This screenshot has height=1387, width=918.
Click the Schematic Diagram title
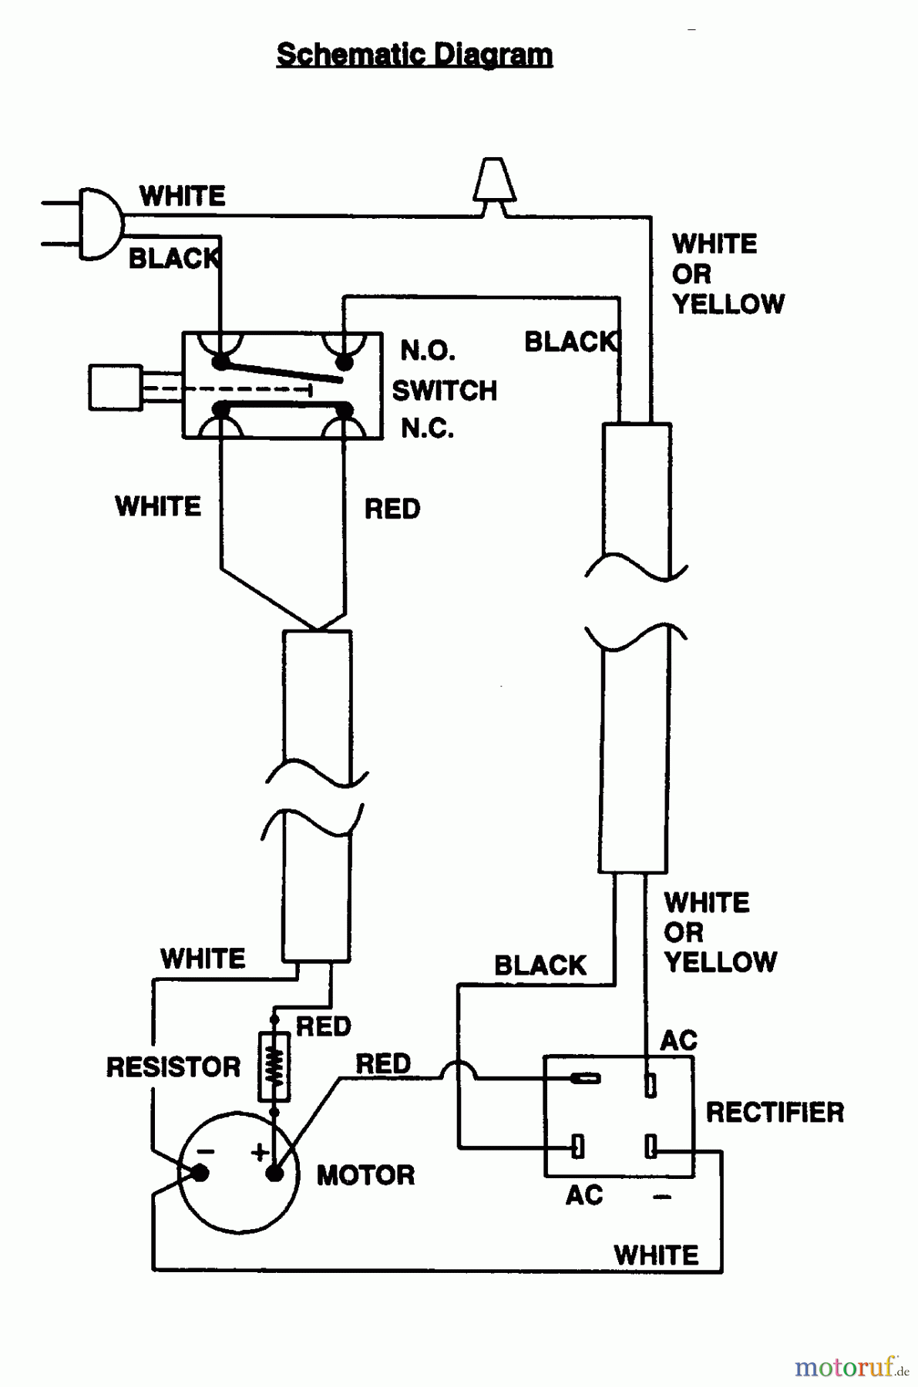coord(414,55)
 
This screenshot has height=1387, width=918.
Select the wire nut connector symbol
coord(494,182)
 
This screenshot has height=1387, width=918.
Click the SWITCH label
coord(445,391)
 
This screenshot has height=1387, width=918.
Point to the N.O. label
coord(428,351)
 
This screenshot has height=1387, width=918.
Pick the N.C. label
coord(428,428)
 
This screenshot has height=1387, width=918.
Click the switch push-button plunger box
coord(116,387)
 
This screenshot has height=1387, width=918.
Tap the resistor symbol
coord(274,1067)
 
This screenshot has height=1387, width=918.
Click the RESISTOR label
coord(173,1067)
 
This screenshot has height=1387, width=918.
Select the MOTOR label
coord(365,1175)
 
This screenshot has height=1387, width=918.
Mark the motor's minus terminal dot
coord(200,1173)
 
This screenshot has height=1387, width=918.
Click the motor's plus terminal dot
coord(274,1174)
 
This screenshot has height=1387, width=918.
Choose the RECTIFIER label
coord(775,1112)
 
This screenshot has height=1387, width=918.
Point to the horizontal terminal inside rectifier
coord(586,1078)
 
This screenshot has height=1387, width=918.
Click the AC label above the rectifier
coord(678,1041)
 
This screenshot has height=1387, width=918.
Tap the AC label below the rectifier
coord(584,1195)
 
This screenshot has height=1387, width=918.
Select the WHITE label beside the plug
coord(183,196)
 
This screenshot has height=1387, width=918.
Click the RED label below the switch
coord(392,509)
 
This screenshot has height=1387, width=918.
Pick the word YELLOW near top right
coord(728,304)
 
